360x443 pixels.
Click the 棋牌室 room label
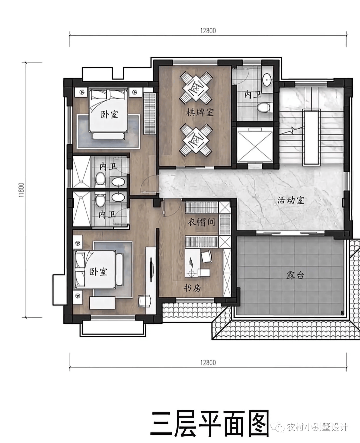(200, 113)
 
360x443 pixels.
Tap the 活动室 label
(291, 200)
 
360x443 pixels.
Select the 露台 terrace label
(295, 275)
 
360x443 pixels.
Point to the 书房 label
(192, 288)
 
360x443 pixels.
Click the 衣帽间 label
(201, 222)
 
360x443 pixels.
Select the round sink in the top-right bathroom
(267, 80)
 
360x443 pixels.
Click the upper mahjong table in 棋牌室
(196, 87)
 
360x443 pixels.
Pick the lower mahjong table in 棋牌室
(196, 140)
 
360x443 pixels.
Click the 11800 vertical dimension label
(21, 190)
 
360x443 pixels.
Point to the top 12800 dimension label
(208, 31)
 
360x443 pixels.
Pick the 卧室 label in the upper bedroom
(110, 114)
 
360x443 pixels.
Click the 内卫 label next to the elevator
(253, 95)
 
